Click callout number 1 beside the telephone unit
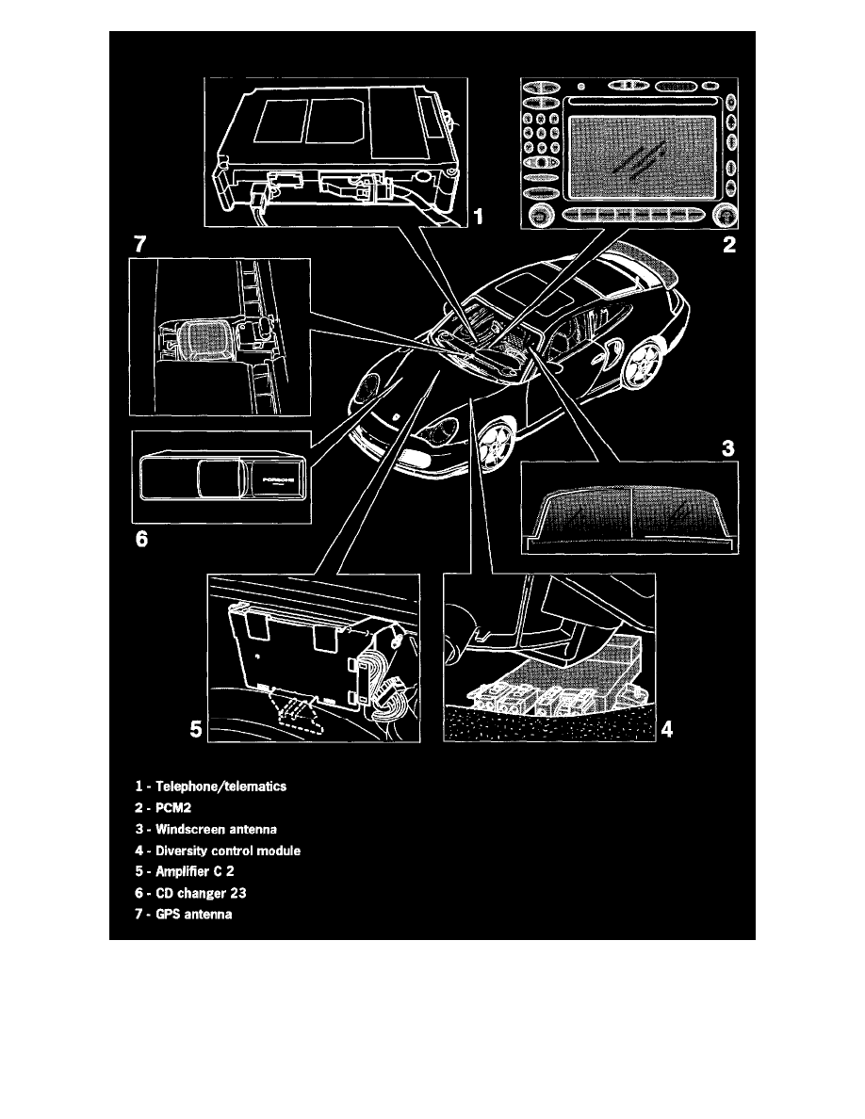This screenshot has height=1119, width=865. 478,219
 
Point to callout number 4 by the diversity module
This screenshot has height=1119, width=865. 666,728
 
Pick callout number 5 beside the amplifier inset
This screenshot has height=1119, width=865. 196,728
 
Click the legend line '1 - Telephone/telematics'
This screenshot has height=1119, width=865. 208,786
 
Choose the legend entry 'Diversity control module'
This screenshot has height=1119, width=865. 217,851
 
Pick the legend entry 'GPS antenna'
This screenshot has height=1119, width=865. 183,916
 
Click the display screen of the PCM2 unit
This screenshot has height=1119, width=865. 645,157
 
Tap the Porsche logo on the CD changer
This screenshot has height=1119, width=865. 280,478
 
